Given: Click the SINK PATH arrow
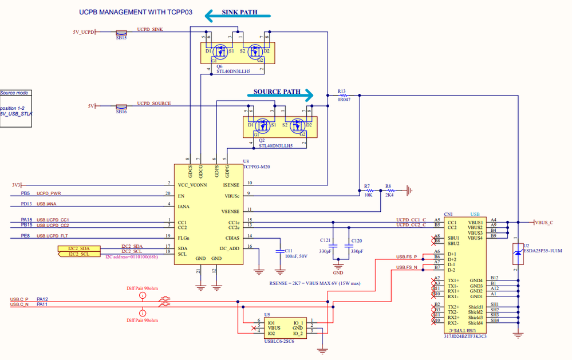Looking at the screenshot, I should (232, 15).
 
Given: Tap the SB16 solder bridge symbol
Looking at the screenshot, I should (121, 106).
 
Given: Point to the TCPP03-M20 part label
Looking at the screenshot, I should (257, 166).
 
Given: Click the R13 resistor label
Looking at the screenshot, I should (342, 90).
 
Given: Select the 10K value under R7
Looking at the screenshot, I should (368, 195).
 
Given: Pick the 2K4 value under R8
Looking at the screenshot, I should (389, 195).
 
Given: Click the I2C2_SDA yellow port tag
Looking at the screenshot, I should (78, 248).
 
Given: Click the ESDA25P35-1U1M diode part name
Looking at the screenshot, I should (543, 251).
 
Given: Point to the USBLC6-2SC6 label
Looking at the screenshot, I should (279, 341).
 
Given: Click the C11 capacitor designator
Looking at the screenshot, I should (289, 251).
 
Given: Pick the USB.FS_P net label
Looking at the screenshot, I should (407, 257).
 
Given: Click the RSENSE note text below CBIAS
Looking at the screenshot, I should (314, 283).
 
